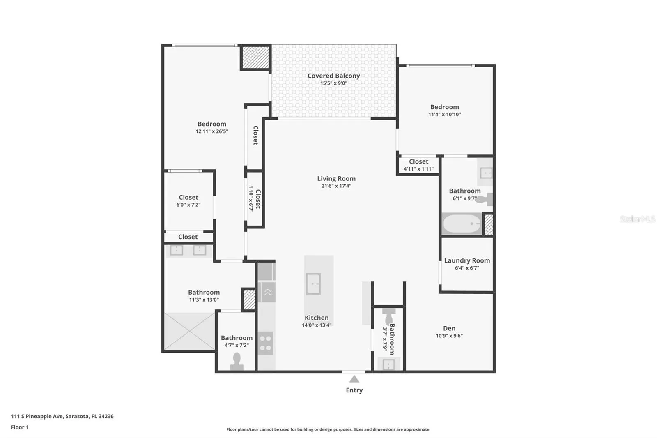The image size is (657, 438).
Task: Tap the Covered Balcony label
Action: click(333, 76)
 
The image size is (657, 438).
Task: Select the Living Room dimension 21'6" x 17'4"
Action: click(336, 186)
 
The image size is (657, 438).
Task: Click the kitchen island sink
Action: click(313, 284)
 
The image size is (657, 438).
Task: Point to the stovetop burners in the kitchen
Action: click(265, 343)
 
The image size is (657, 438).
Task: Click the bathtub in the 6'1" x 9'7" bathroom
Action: click(462, 224)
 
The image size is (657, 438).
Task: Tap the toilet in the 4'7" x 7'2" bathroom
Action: click(237, 362)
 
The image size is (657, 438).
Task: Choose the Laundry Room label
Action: click(467, 260)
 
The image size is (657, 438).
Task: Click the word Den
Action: click(449, 328)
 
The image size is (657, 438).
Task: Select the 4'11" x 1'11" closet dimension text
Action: click(418, 169)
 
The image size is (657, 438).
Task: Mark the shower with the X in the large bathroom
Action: click(189, 331)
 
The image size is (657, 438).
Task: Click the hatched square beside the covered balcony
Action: click(255, 57)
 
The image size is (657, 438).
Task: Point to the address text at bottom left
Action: click(62, 416)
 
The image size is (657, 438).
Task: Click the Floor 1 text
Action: click(20, 427)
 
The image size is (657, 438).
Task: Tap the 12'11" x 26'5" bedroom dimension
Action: click(212, 131)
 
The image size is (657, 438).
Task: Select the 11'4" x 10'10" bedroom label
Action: click(444, 107)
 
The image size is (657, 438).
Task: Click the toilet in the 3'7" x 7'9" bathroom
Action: click(389, 316)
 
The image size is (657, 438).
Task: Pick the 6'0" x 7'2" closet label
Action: click(188, 197)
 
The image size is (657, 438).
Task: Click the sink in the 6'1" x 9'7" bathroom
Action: click(486, 173)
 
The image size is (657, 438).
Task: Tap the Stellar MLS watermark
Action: click(638, 219)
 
